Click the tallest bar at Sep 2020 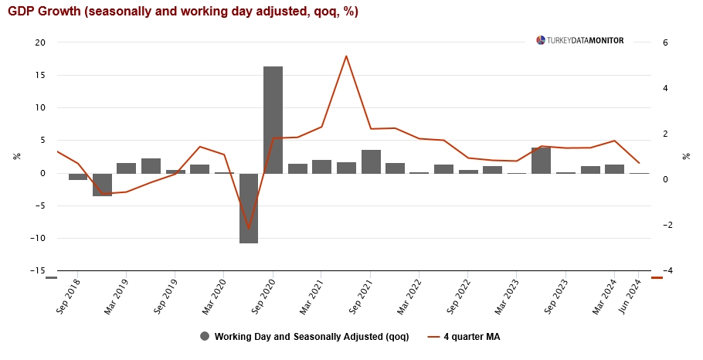(273, 120)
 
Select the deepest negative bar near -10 (248, 208)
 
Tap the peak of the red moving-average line (346, 56)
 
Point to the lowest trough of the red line (248, 229)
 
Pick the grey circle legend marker (205, 336)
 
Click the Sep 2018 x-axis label (69, 297)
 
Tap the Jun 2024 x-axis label (630, 297)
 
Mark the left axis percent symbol (17, 156)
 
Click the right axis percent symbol (686, 156)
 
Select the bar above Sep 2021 (371, 161)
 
